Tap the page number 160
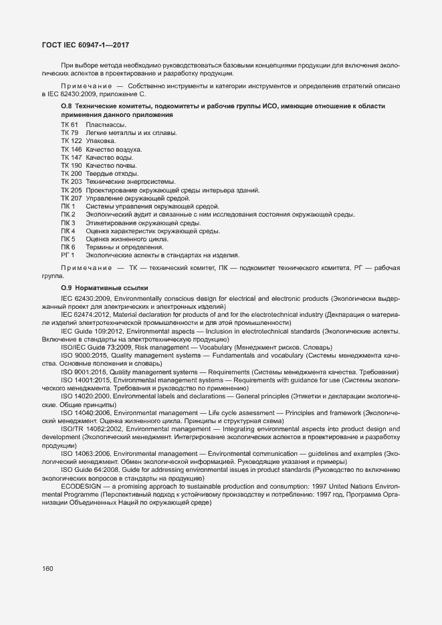(47, 569)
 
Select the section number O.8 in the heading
(66, 107)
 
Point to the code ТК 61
(69, 125)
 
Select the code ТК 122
(71, 141)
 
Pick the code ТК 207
(71, 199)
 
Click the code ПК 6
(68, 247)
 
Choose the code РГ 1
(68, 255)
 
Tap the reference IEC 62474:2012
(86, 314)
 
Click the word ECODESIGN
(81, 487)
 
